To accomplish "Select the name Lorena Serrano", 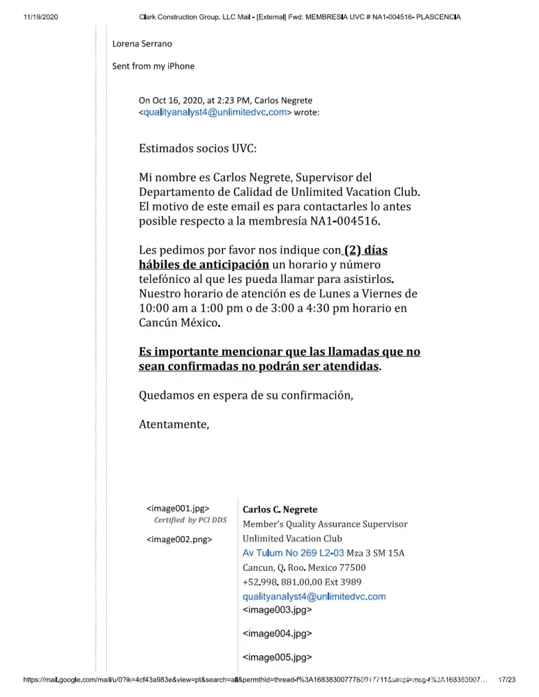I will click(x=142, y=43).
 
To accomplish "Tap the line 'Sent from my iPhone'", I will click(x=153, y=66).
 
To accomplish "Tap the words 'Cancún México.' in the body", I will click(x=180, y=323).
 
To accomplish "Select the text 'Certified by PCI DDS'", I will click(x=190, y=520).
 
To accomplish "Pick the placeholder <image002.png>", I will click(x=179, y=539).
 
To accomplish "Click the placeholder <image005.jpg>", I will click(x=277, y=657).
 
